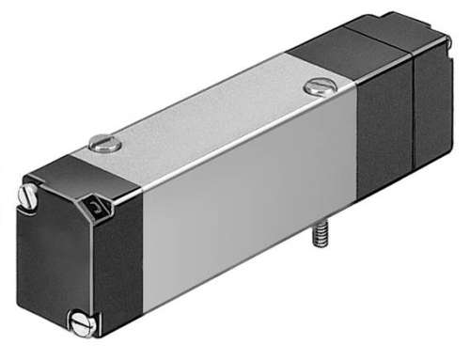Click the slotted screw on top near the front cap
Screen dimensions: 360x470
pos(104,146)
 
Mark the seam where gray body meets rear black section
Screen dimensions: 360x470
pos(357,141)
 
